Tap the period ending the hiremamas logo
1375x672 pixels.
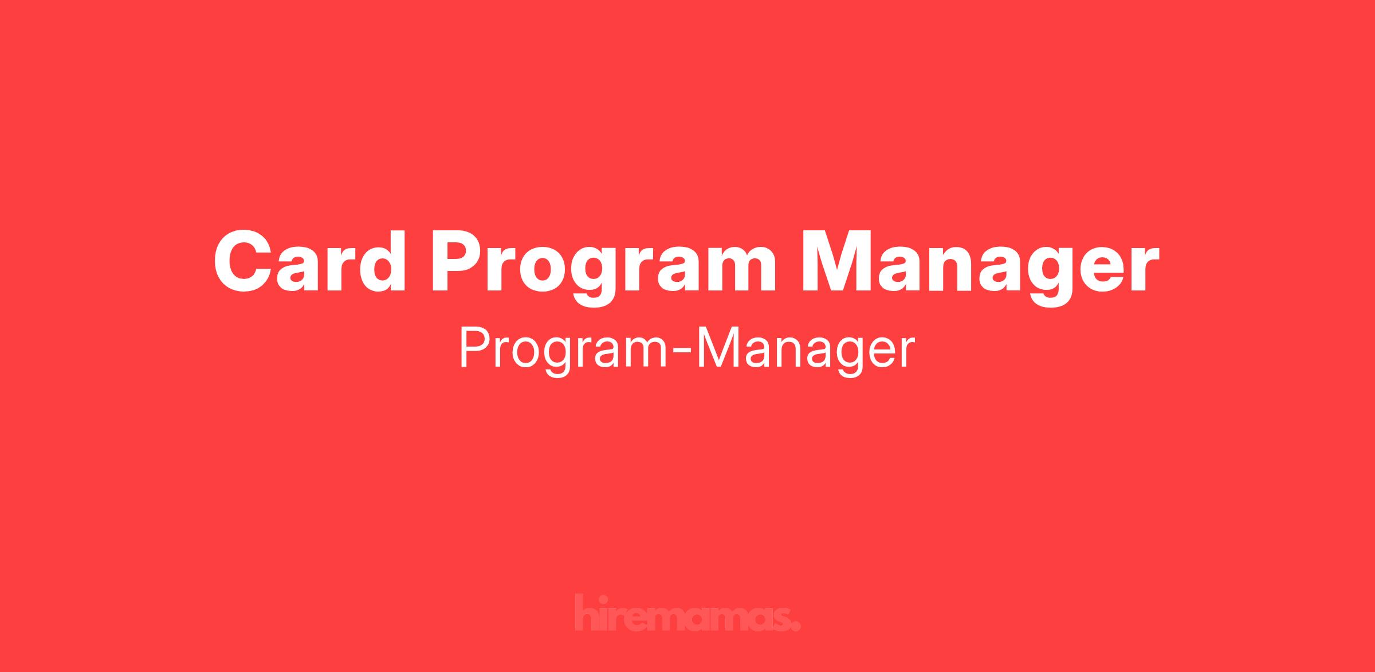coord(795,626)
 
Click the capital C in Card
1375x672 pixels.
coord(243,261)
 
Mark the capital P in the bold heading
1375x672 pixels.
coord(458,261)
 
